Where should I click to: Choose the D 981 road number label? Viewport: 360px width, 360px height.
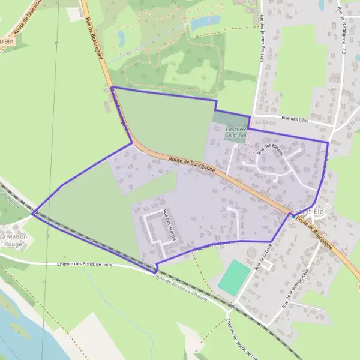[x=5, y=41]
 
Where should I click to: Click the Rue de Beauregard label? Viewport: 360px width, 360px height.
[x=92, y=30]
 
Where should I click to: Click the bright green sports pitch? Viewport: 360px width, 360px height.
[x=234, y=277]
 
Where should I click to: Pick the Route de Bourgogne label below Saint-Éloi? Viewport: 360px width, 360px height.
[x=314, y=234]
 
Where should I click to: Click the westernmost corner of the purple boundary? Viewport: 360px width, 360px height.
[x=32, y=213]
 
